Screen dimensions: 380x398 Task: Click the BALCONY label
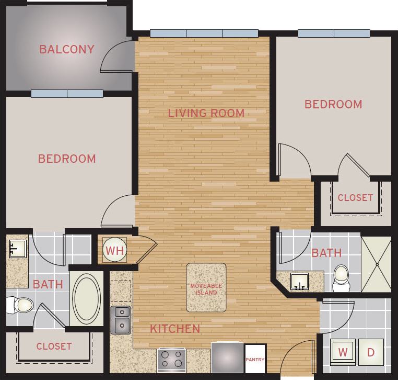pos(67,50)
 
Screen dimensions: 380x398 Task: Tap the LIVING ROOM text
pos(206,113)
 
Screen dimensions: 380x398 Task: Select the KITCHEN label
pos(175,329)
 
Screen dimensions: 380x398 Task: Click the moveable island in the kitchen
pos(206,287)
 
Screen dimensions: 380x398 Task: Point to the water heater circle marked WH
pos(115,251)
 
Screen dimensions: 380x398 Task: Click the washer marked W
pos(344,352)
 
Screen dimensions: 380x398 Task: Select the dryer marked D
pos(371,352)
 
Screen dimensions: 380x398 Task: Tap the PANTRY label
pos(255,359)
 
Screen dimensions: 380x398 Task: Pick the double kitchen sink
pos(121,320)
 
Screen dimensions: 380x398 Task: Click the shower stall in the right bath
pos(376,264)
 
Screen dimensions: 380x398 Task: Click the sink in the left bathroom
pos(17,248)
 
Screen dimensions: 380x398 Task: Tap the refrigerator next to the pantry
pos(227,357)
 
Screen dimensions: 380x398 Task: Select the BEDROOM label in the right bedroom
pos(333,104)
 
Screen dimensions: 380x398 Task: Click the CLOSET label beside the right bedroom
pos(355,198)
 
